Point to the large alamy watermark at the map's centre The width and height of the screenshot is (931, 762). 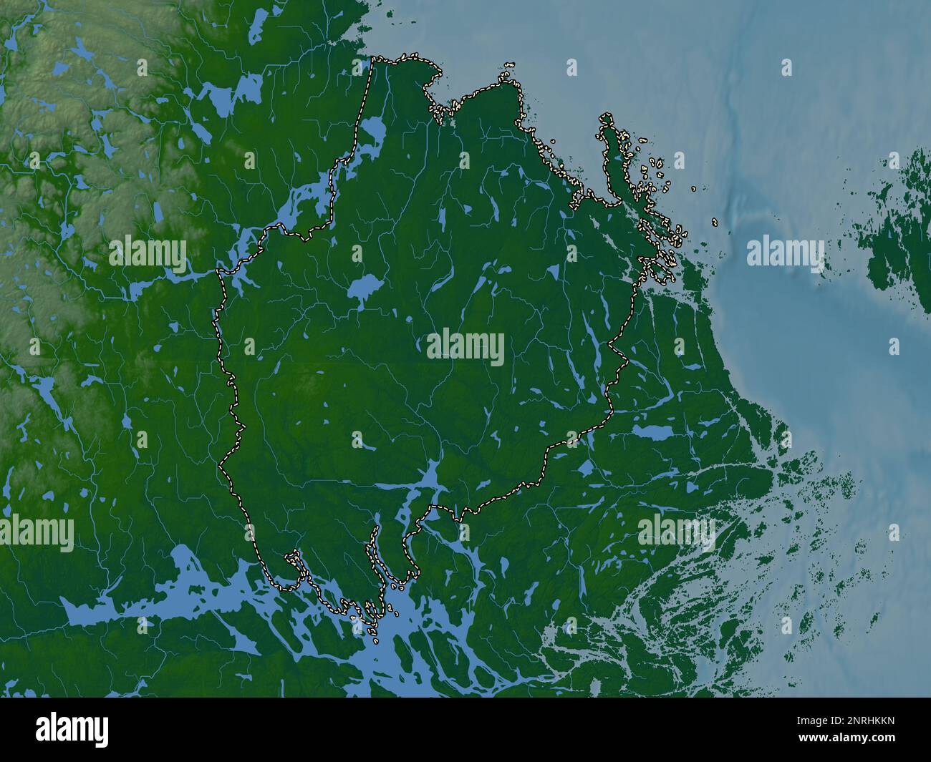click(x=465, y=348)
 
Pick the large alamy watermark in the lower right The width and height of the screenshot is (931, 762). click(x=675, y=531)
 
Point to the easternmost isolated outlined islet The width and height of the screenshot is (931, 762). click(x=715, y=222)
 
